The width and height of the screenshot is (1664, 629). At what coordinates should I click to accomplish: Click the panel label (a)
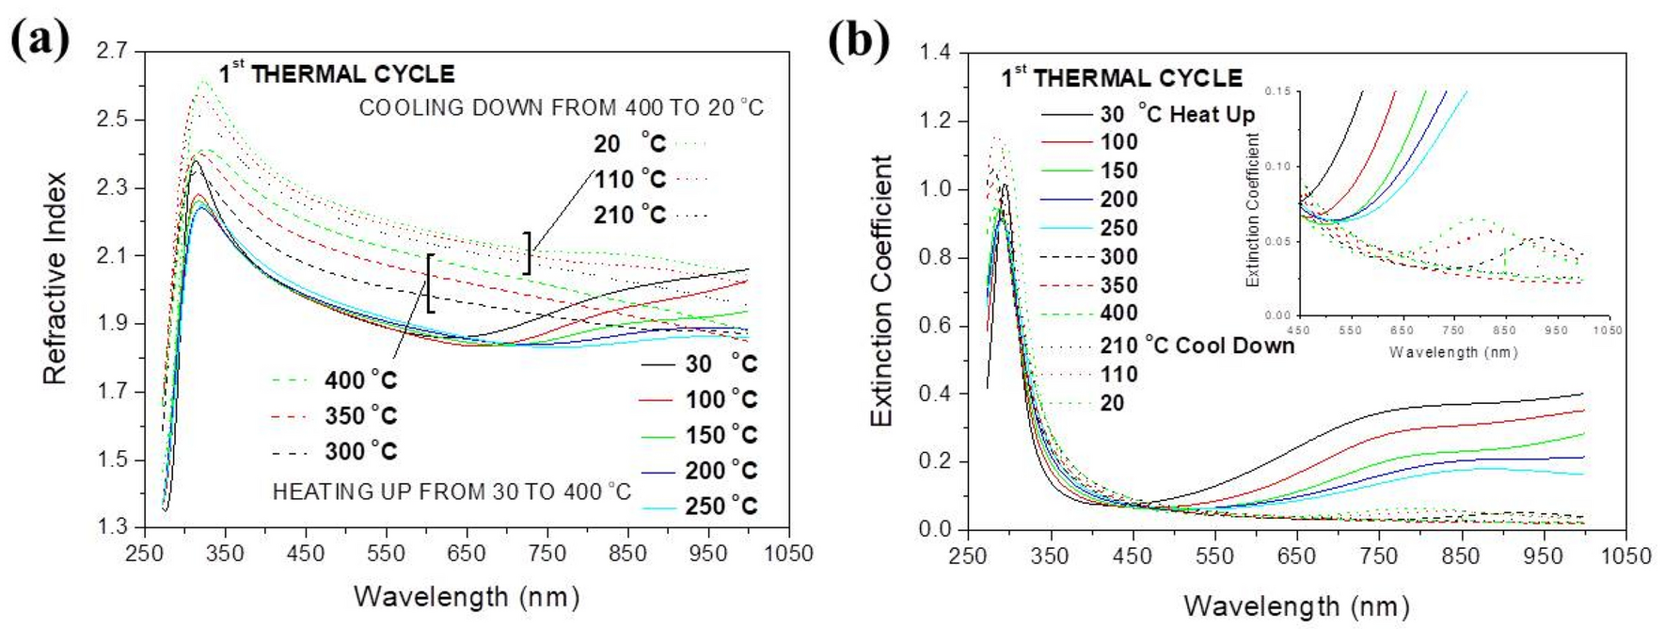[x=40, y=40]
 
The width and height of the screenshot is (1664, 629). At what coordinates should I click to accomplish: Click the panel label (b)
[x=858, y=40]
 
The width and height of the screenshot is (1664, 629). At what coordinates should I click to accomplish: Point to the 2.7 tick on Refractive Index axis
[x=112, y=51]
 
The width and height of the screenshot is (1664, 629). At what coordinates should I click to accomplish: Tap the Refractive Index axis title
[x=55, y=279]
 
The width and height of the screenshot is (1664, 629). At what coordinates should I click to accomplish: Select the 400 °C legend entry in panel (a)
[x=360, y=380]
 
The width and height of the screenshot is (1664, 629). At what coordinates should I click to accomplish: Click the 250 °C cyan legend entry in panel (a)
[x=721, y=507]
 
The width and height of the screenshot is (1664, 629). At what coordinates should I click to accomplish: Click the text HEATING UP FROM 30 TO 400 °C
[x=452, y=492]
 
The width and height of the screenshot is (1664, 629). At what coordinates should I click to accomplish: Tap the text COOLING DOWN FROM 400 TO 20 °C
[x=561, y=108]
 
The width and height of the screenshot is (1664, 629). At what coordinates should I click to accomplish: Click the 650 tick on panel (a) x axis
[x=467, y=554]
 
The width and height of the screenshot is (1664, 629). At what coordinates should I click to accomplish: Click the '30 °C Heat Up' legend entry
[x=1176, y=115]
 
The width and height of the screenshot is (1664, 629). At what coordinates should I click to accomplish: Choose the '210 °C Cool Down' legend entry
[x=1196, y=346]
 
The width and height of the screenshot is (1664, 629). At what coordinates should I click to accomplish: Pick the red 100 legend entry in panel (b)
[x=1118, y=142]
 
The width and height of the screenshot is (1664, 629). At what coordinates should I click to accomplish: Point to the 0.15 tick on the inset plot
[x=1277, y=91]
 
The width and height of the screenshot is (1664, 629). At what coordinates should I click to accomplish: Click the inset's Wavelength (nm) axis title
[x=1452, y=352]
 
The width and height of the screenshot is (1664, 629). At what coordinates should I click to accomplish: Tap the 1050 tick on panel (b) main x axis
[x=1625, y=556]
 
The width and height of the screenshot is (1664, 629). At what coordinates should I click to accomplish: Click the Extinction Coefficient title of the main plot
[x=881, y=291]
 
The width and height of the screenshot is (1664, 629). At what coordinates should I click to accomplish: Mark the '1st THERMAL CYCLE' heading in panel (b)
[x=1121, y=78]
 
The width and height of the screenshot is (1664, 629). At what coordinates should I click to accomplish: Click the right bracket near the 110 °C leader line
[x=529, y=252]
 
